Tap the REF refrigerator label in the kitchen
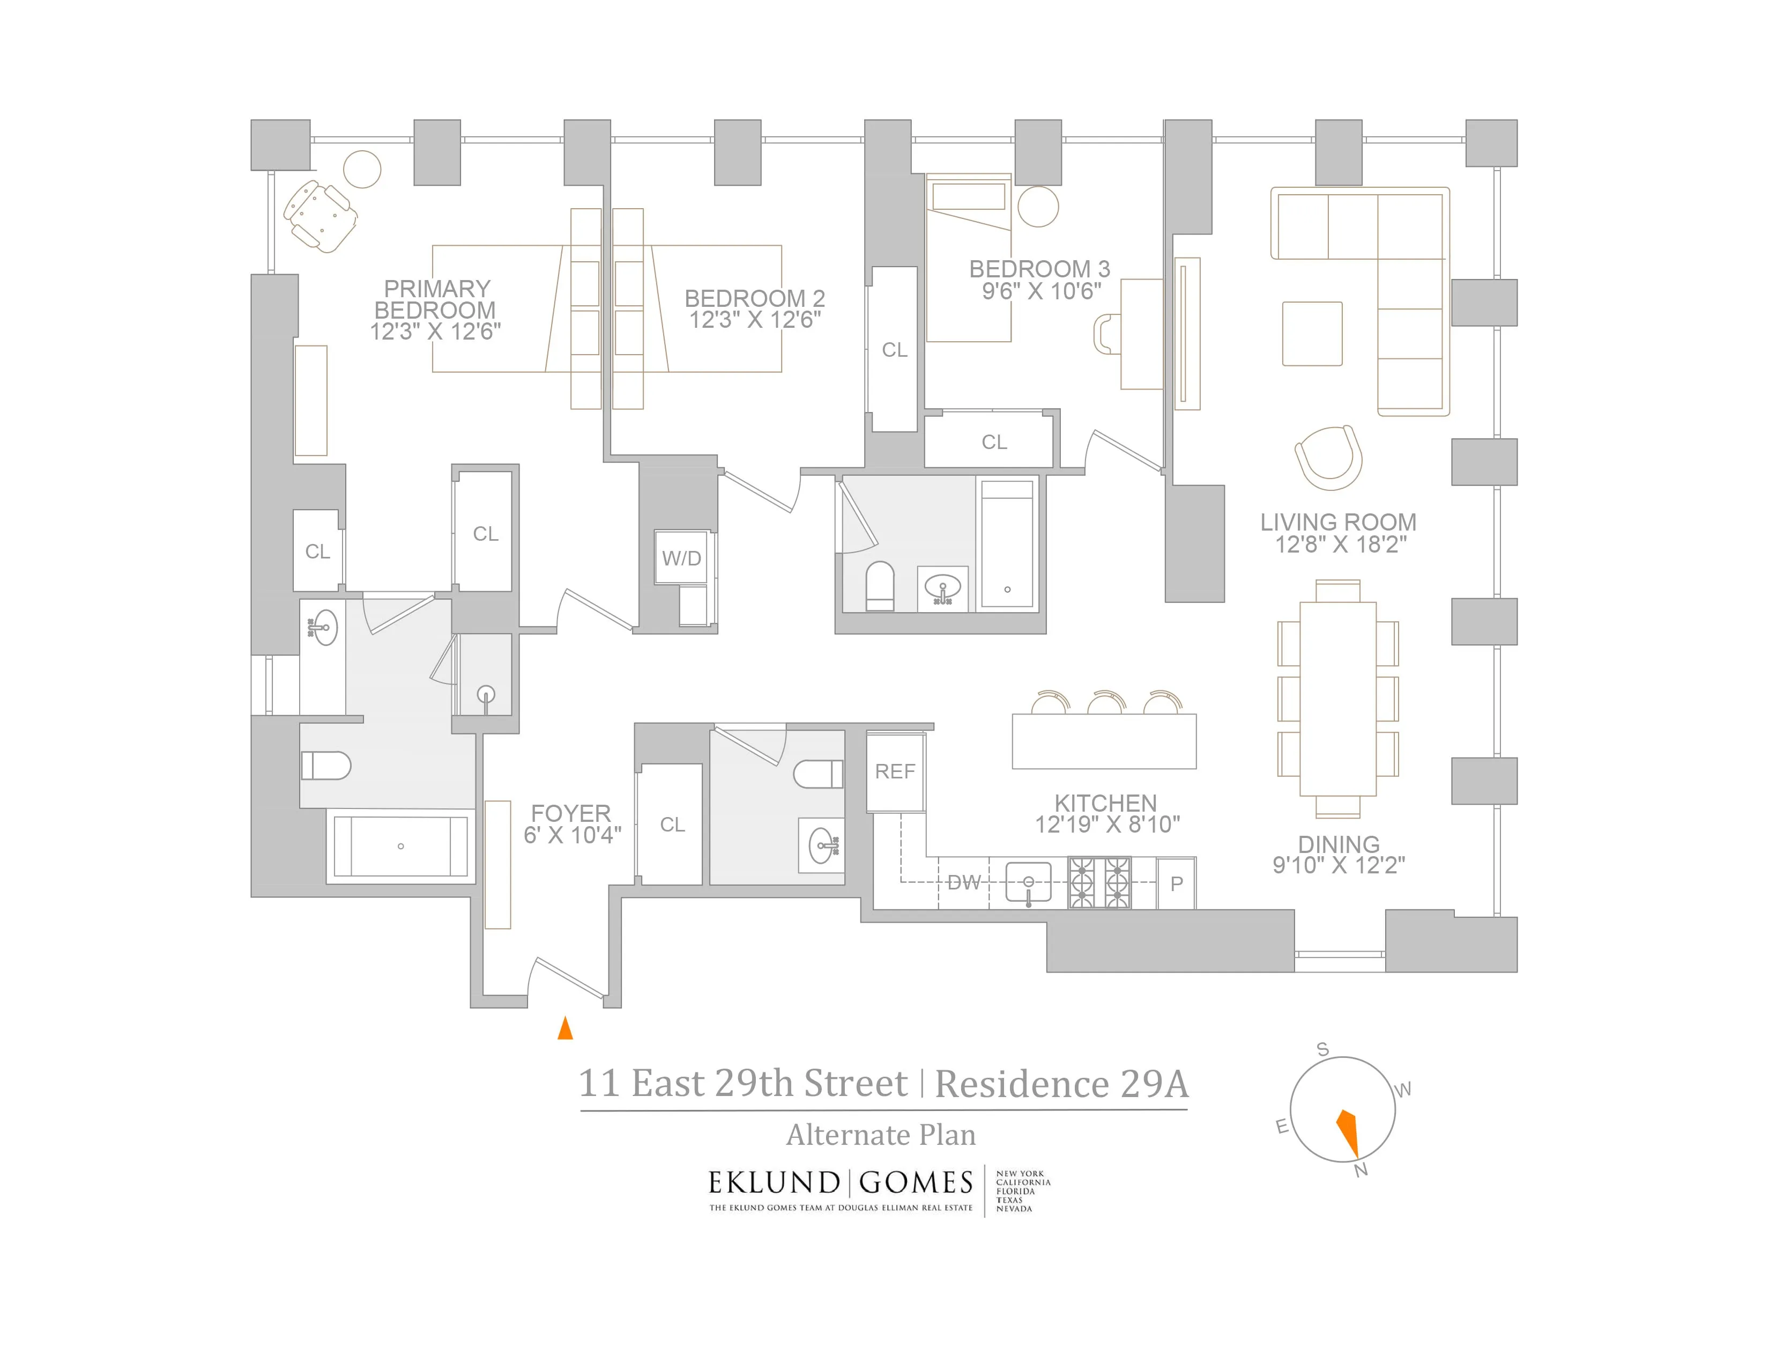coord(895,771)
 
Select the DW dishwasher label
coord(964,882)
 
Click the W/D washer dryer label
coord(681,558)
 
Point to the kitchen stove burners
coord(1099,882)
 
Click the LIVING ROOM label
coord(1338,523)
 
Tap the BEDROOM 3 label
coord(1039,269)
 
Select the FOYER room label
coord(571,813)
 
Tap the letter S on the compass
coord(1322,1049)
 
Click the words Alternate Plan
coord(881,1135)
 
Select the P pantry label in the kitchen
coord(1177,884)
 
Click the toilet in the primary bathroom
coord(325,765)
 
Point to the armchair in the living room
coord(1328,458)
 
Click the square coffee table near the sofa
coord(1312,334)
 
